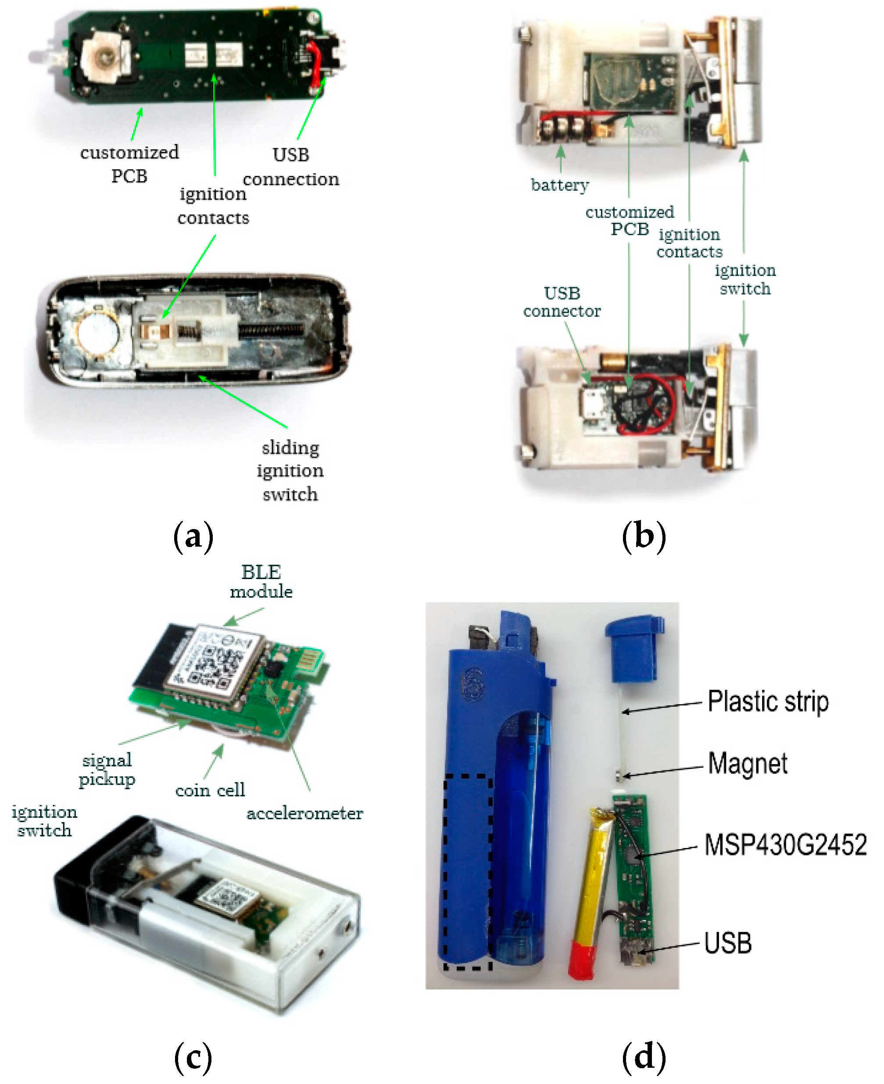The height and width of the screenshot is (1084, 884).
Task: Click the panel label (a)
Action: [x=193, y=537]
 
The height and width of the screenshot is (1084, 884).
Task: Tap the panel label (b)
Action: [x=644, y=537]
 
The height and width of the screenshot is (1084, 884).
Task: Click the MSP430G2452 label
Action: [x=785, y=844]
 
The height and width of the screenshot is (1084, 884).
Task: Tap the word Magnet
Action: [x=748, y=764]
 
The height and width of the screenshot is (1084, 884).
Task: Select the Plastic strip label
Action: [x=768, y=701]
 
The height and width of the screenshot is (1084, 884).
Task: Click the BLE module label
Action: [x=261, y=581]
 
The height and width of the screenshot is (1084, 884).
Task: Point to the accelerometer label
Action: [x=304, y=813]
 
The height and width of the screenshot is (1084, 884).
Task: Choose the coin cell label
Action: [x=210, y=790]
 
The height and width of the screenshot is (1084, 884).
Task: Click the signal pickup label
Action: [x=107, y=769]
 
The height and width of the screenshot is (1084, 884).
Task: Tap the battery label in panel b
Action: [x=560, y=185]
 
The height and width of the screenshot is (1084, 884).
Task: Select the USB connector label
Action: [x=562, y=302]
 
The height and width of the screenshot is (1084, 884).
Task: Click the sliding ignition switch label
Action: [x=290, y=470]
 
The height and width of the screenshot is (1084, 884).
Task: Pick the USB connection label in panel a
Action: [x=291, y=167]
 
